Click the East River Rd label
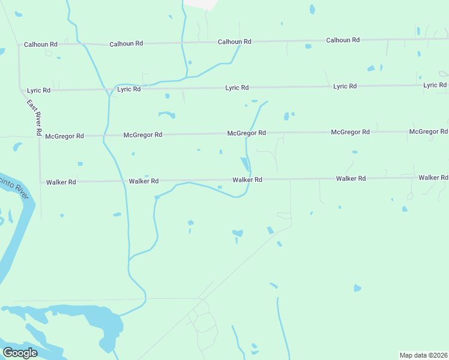pos(34,117)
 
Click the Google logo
pos(20,353)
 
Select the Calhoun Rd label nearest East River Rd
pos(41,44)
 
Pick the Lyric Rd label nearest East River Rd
pos(39,90)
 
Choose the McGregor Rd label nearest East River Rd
pos(64,136)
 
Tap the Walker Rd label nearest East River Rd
pos(61,182)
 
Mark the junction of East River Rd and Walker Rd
pos(40,182)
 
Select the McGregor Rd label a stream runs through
pos(246,133)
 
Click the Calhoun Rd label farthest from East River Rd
pos(343,40)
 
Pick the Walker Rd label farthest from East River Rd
pos(433,178)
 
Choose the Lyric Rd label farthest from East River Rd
pos(435,85)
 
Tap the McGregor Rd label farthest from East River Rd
pos(428,131)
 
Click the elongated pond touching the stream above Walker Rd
pos(245,163)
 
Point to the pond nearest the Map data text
pos(358,288)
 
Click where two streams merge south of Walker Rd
pos(128,259)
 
